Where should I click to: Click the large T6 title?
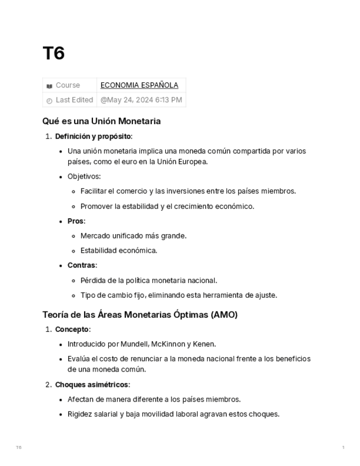pyautogui.click(x=54, y=53)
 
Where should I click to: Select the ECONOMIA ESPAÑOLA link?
pyautogui.click(x=139, y=85)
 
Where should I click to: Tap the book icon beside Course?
pyautogui.click(x=49, y=86)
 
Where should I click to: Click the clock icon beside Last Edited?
pyautogui.click(x=49, y=101)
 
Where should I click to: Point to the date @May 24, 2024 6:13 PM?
pyautogui.click(x=141, y=100)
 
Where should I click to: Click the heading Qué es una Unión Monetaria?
pyautogui.click(x=101, y=121)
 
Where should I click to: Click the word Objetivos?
pyautogui.click(x=84, y=176)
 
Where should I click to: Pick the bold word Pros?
pyautogui.click(x=75, y=221)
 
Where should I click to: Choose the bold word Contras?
pyautogui.click(x=81, y=265)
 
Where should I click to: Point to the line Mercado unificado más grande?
pyautogui.click(x=134, y=236)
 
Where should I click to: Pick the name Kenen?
pyautogui.click(x=204, y=344)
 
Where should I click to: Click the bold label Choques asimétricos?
pyautogui.click(x=92, y=385)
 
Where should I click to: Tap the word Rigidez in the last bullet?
pyautogui.click(x=80, y=414)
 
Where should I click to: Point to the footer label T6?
pyautogui.click(x=19, y=448)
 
